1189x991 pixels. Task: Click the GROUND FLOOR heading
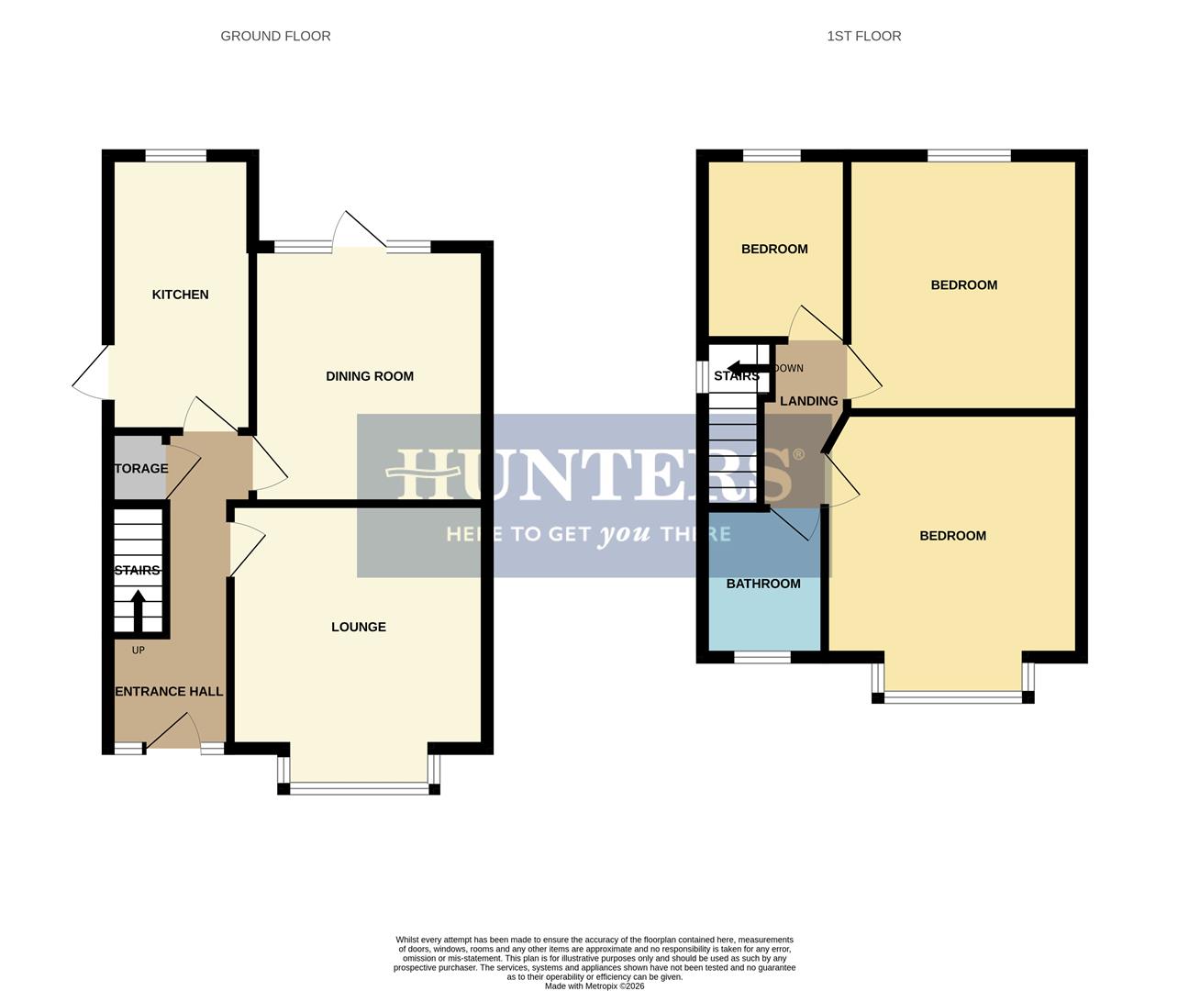pos(275,36)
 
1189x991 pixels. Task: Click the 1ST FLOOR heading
pos(863,36)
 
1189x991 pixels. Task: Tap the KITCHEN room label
pos(180,295)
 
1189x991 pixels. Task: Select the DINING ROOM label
pos(370,376)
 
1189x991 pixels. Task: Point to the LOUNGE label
pos(359,627)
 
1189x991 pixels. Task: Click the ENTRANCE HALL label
pos(169,691)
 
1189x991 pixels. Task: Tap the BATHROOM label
pos(763,584)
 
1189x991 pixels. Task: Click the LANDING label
pos(808,401)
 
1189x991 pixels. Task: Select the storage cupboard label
pos(141,469)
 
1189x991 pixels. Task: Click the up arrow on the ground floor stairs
pos(139,609)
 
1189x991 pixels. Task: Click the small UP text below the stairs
pos(139,651)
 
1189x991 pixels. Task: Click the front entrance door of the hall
pos(173,734)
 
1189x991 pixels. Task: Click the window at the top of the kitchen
pos(175,156)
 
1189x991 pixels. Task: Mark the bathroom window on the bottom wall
pos(761,657)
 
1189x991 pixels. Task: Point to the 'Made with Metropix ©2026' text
pos(594,986)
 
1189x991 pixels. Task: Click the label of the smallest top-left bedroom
pos(774,249)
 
